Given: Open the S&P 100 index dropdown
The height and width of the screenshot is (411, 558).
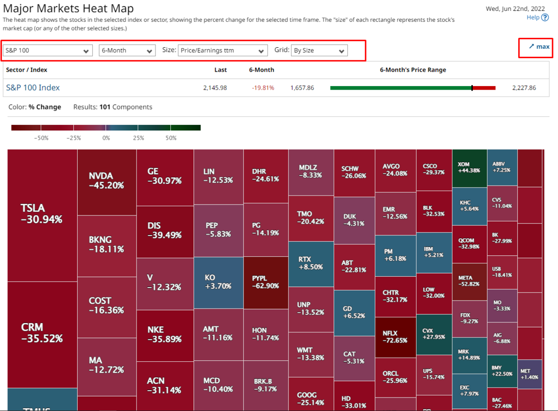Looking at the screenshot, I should point(47,50).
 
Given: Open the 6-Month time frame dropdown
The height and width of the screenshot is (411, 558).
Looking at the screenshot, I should point(127,50).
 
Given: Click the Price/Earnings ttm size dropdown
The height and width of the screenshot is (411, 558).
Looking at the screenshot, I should point(223,50).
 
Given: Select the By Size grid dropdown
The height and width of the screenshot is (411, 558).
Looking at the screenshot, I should point(319,50).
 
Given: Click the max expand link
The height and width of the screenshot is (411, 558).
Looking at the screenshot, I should point(539,47).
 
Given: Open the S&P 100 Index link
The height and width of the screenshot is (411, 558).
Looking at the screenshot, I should point(33,88).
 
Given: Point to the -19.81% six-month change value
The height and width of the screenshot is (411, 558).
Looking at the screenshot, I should point(263,88).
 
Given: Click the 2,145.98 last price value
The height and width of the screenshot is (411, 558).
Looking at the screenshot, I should point(215,88).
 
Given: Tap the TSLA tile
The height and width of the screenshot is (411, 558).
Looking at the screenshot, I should point(42,213).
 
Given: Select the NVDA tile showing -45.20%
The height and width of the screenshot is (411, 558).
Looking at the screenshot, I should point(106,181).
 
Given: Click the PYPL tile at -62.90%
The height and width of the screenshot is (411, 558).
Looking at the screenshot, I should point(265,282).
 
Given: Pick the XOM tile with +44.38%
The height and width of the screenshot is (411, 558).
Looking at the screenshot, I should point(469,167).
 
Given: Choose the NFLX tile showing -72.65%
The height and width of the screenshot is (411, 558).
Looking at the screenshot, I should point(395,337).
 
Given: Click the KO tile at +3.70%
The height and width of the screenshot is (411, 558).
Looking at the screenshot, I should point(218,282).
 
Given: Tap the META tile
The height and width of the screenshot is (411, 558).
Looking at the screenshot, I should point(469,281).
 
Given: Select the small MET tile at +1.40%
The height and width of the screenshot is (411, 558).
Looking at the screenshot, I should point(529,374).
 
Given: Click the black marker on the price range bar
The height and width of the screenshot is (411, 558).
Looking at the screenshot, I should point(472,88).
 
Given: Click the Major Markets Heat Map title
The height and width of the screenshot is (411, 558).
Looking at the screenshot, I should point(68,8).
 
